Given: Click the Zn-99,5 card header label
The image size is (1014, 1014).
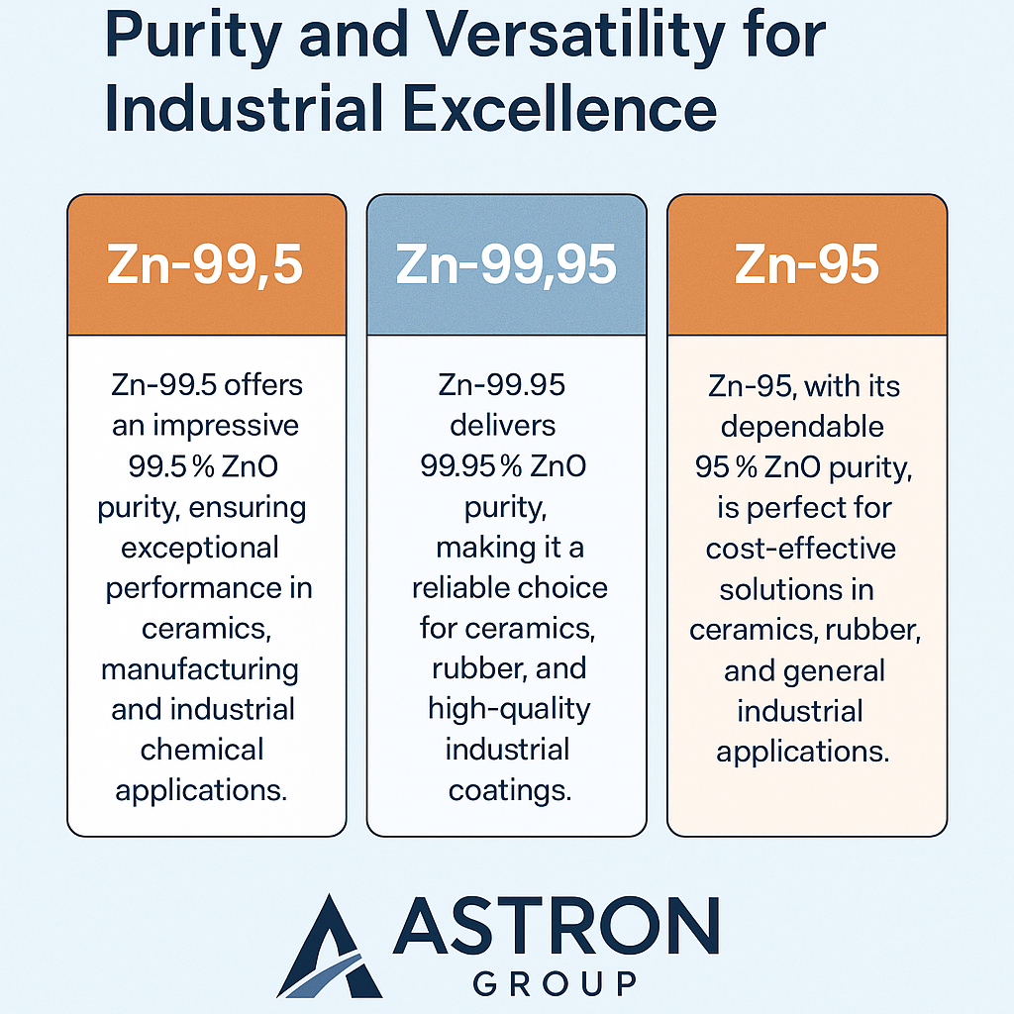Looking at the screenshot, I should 206,265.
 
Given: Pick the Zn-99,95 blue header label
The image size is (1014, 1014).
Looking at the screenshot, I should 506,265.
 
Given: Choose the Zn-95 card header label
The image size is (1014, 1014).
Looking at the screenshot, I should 806,265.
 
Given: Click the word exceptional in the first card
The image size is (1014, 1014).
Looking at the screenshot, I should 200,547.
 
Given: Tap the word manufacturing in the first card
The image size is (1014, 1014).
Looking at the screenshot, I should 200,669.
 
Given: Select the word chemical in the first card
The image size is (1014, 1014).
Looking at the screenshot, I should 202,750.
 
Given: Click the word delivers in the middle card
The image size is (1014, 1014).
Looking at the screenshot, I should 503,426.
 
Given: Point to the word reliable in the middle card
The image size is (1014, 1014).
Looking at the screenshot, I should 459,588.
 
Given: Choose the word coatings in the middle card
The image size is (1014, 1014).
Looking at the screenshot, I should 509,790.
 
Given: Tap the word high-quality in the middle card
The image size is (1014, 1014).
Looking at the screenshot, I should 509,709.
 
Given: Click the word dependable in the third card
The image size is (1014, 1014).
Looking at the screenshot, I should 802,427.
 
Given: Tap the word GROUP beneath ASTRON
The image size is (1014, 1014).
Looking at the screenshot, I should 555,983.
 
